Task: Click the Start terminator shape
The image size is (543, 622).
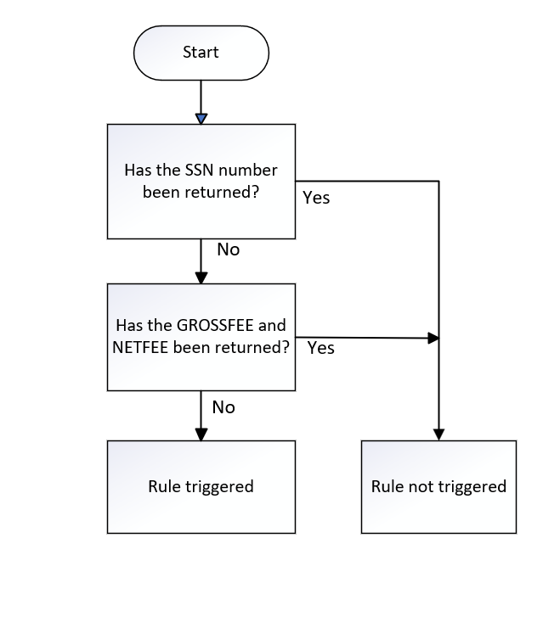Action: [201, 53]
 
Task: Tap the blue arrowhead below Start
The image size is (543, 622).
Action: [201, 119]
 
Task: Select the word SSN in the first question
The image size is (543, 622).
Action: [200, 171]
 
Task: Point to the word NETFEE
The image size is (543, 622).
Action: [140, 348]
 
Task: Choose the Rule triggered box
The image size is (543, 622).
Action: [201, 487]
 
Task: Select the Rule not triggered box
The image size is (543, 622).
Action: [439, 487]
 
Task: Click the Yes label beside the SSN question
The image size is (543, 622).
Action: [316, 198]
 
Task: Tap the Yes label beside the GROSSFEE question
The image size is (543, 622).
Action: [321, 348]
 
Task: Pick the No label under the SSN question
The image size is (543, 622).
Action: [229, 249]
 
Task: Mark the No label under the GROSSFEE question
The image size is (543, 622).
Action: [223, 407]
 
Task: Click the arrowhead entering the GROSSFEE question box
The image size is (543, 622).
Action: [201, 277]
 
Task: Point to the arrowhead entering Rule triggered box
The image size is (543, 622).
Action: [201, 434]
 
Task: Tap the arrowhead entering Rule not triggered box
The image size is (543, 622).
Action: [439, 434]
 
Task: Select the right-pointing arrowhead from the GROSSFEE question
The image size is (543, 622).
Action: [433, 339]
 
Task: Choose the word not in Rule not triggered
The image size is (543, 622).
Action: [421, 487]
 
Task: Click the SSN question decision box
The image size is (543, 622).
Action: [201, 182]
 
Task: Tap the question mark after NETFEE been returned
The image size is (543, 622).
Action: [286, 348]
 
